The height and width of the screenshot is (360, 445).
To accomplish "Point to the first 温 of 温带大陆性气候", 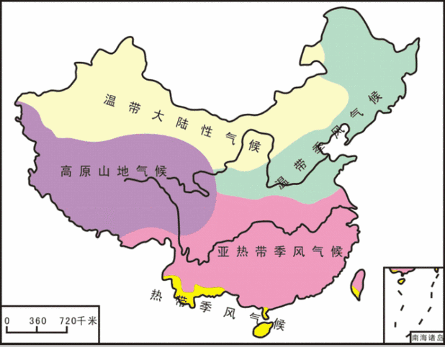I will [x=110, y=100].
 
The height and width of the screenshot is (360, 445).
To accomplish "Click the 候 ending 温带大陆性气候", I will [x=253, y=145].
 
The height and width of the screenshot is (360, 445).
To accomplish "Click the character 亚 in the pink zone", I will [x=224, y=253].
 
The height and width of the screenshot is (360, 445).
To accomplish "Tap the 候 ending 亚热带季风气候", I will [x=336, y=253].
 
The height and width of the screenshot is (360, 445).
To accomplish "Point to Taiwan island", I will [x=357, y=282].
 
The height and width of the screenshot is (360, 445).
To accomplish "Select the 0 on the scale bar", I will [x=7, y=320].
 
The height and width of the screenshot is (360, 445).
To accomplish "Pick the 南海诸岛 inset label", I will [x=425, y=337].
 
